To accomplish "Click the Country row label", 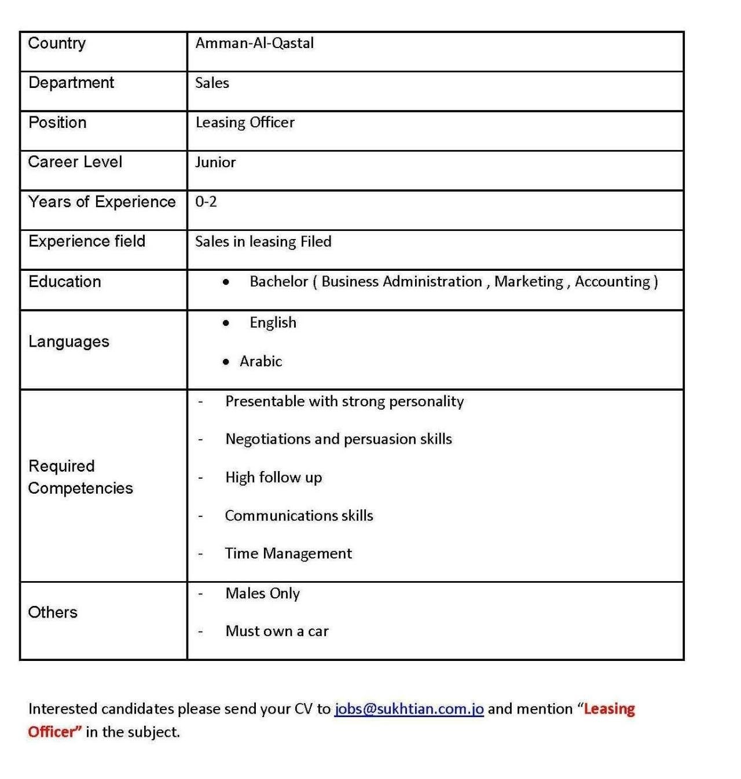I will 57,43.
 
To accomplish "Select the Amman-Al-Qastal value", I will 254,43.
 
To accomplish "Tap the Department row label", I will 71,83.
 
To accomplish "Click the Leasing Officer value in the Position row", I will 245,123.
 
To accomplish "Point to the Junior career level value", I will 215,162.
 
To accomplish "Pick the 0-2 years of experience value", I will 206,202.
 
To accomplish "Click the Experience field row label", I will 87,241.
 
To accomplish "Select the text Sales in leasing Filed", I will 263,242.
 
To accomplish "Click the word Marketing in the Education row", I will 529,282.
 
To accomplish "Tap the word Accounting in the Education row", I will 612,282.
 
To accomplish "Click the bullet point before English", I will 226,323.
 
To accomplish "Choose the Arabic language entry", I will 261,362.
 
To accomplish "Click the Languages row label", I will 69,342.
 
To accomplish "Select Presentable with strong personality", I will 344,402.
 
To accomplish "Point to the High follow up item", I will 273,477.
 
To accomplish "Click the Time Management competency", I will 288,554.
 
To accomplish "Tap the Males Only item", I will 263,594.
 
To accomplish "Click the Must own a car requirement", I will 277,631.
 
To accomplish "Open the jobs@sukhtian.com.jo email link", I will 409,709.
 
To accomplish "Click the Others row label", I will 53,612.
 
